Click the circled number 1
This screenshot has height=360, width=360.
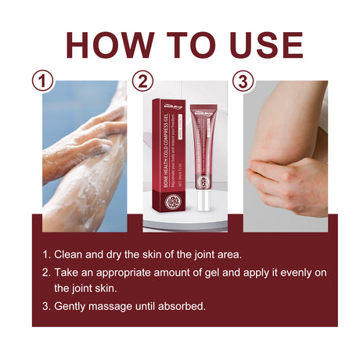point(43,81)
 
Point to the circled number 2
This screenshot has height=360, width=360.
point(142,81)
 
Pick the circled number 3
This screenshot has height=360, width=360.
point(243,81)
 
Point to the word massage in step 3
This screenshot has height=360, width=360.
point(118,306)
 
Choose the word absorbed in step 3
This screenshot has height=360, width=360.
point(183,306)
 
